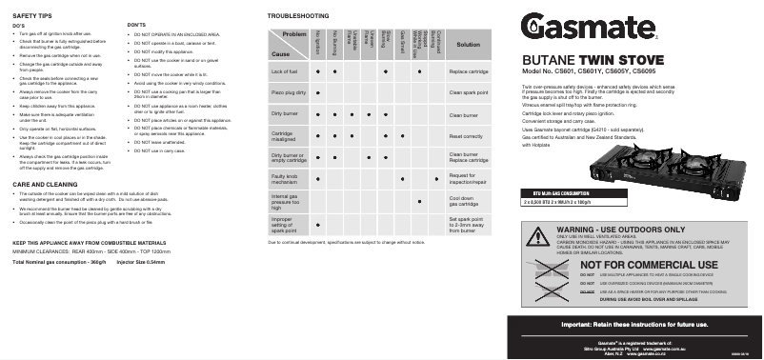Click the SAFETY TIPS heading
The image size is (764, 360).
coord(31,17)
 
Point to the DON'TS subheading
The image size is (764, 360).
coord(136,24)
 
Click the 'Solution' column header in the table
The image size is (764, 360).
coord(469,45)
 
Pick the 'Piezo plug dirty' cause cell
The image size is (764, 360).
coord(289,92)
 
